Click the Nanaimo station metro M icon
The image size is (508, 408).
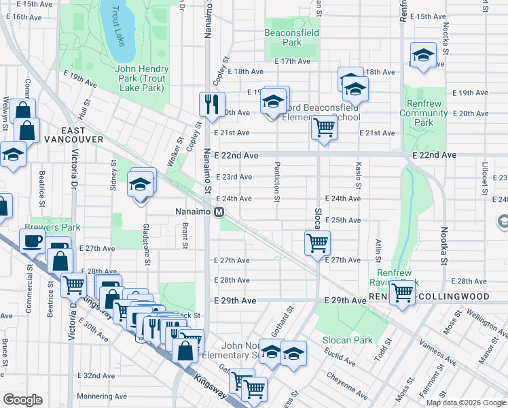coord(219,212)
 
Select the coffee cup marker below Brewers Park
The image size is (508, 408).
coord(32,240)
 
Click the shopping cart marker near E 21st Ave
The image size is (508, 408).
coord(325,126)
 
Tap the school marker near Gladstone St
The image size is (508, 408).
coord(141,184)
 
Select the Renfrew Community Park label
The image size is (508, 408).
coord(424,113)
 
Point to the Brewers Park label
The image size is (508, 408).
coord(52,227)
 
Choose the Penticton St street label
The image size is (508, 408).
coord(277,182)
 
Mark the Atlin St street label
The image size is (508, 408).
coord(377,251)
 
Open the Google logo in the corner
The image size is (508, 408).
coord(22,400)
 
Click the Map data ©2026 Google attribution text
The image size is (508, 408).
coord(465,403)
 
